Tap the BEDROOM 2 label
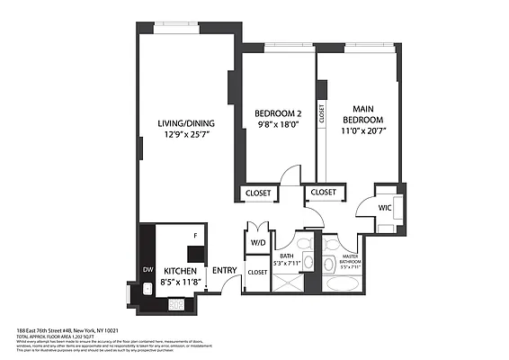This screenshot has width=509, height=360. [277, 113]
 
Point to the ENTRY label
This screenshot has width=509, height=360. [223, 270]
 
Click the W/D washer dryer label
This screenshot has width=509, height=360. [258, 242]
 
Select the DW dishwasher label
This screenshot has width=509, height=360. [147, 269]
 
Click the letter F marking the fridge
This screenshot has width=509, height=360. [195, 236]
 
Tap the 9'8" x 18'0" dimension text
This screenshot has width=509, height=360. [277, 125]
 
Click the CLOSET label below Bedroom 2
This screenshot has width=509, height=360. [258, 193]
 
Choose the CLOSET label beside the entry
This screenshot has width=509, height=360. [258, 271]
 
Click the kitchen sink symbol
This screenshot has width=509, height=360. [147, 290]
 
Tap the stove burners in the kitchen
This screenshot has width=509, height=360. [176, 304]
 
